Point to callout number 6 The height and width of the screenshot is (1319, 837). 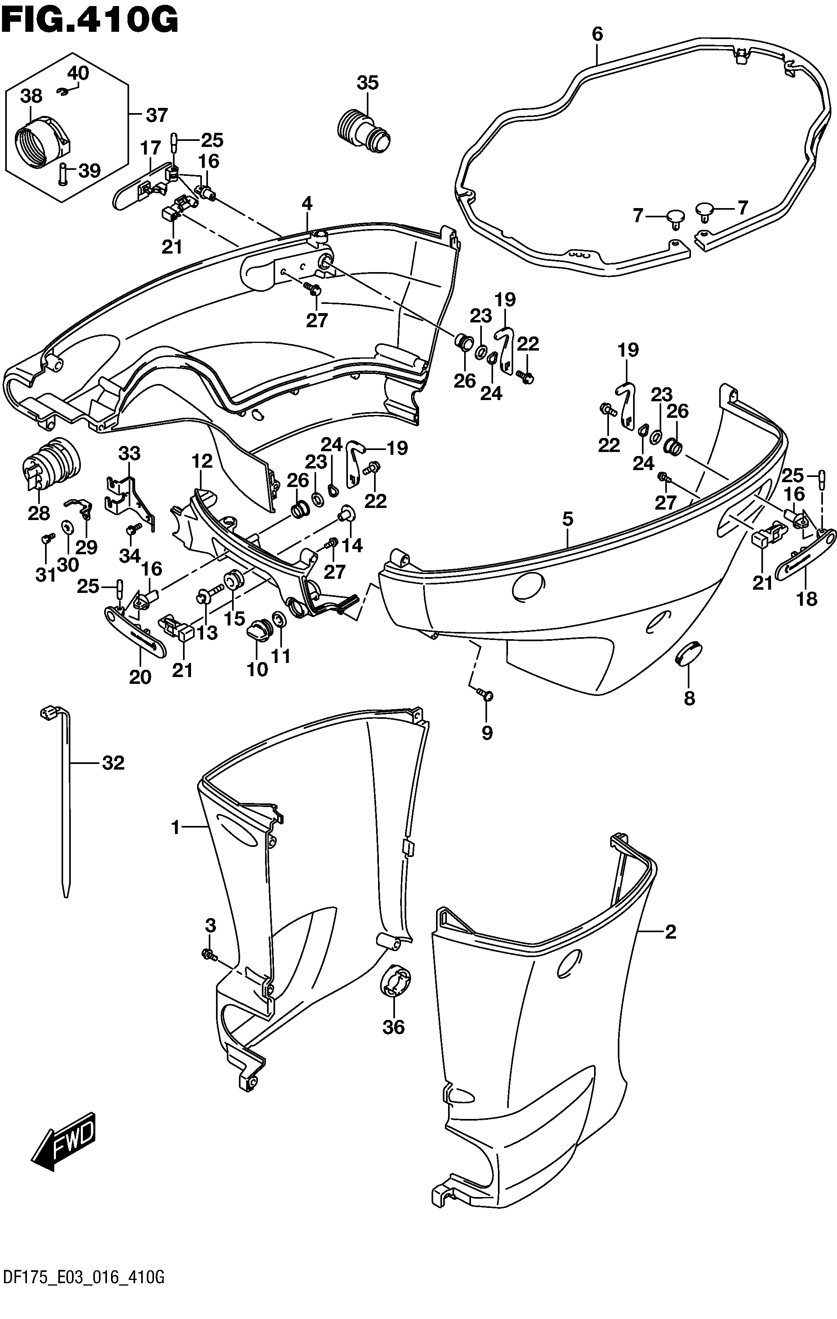597,34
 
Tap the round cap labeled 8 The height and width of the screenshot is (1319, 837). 688,653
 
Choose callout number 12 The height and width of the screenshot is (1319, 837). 202,461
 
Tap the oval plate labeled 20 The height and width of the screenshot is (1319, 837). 135,633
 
